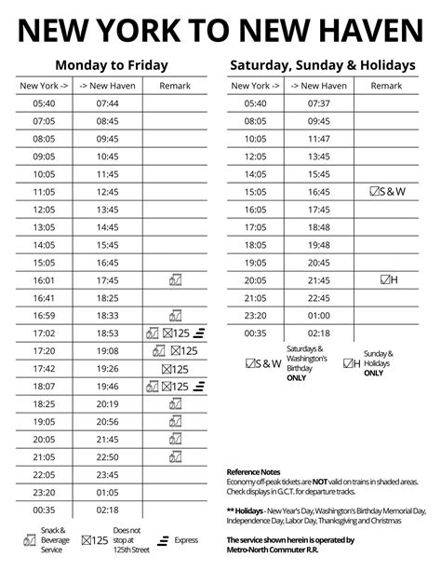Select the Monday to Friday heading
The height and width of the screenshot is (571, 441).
[111, 65]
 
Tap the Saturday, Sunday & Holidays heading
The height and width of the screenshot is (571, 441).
[321, 65]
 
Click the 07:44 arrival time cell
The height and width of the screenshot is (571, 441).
[107, 102]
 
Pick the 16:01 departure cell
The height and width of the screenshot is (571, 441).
[44, 279]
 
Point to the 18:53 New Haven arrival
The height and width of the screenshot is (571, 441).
[107, 333]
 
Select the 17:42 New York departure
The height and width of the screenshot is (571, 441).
[44, 368]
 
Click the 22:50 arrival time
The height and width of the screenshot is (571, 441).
[107, 456]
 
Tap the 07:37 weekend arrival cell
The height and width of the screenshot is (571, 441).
[318, 102]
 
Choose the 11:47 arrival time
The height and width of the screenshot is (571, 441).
[318, 138]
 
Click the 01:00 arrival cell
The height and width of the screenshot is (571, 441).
[318, 315]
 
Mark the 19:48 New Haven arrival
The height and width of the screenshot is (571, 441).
[318, 226]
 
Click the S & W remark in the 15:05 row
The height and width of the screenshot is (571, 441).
[388, 191]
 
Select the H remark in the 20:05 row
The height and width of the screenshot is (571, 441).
[389, 279]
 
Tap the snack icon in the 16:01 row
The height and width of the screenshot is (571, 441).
[174, 279]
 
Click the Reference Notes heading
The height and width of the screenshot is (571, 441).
[254, 472]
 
